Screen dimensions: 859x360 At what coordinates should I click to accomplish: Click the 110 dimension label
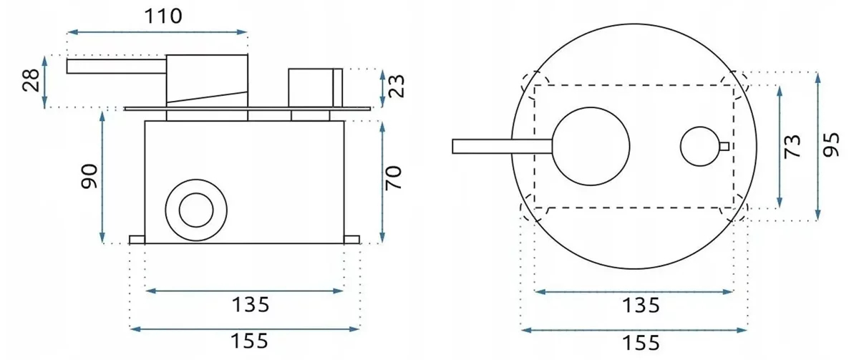coord(163,16)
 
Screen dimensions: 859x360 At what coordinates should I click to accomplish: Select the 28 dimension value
coord(31,80)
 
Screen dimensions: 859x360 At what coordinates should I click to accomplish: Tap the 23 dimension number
coord(397,86)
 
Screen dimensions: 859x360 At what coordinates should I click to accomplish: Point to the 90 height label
coord(89,176)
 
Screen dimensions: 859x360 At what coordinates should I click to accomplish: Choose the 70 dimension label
coord(393,178)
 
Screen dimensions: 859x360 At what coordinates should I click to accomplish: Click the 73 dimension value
coord(792,146)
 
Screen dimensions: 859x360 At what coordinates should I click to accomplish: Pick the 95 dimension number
coord(830,145)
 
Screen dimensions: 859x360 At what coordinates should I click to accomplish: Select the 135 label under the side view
coord(251,305)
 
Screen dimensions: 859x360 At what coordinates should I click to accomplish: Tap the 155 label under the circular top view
coord(641,343)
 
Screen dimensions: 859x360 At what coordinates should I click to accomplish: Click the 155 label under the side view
coord(249,341)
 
